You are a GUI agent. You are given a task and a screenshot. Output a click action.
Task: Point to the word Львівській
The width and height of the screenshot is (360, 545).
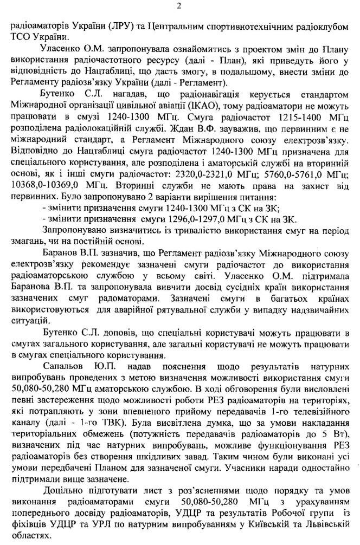tap(317, 517)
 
